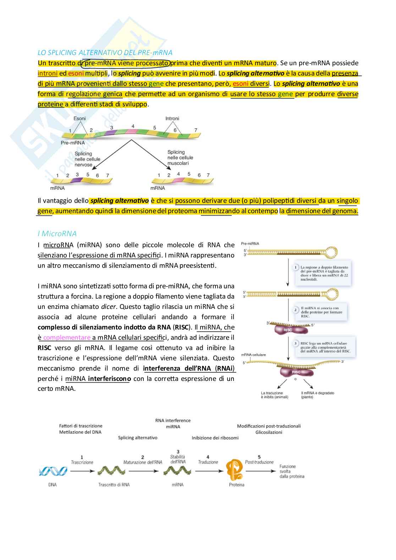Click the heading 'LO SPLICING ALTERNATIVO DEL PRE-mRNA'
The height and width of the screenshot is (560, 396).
(x=105, y=52)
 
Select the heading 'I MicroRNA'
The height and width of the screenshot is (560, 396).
(x=57, y=233)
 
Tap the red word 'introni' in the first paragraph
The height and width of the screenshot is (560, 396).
(x=48, y=73)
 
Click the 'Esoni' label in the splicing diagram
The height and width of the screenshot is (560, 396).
(x=79, y=118)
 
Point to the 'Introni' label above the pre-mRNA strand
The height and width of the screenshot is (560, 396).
(x=172, y=118)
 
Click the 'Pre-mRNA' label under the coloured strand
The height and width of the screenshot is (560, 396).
(x=73, y=143)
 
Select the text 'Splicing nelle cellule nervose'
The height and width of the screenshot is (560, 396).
(x=87, y=159)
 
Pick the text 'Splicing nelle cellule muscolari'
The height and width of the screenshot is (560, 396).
(x=180, y=157)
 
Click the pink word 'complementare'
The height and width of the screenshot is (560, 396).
(x=67, y=337)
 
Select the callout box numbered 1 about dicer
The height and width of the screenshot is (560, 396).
(x=321, y=273)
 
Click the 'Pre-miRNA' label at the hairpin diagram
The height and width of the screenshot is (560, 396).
(x=250, y=244)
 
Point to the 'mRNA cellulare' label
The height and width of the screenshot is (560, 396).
(x=253, y=355)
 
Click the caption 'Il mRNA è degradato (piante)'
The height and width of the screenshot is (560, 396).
(x=317, y=395)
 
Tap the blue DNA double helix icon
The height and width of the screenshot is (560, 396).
(x=53, y=471)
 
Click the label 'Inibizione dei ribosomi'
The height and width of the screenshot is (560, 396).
(x=215, y=438)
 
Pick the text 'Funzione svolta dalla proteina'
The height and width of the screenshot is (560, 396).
(x=292, y=471)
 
